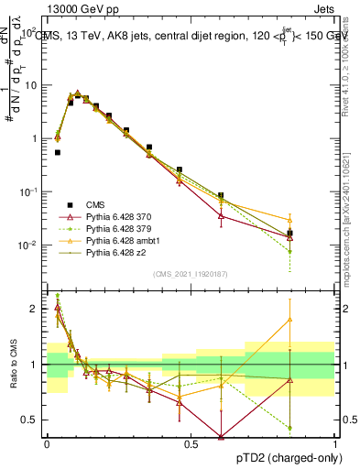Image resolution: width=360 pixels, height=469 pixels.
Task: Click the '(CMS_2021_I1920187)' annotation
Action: (x=190, y=274)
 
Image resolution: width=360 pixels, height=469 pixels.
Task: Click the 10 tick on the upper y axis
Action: (x=34, y=85)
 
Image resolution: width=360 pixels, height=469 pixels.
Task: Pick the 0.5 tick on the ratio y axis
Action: (x=34, y=420)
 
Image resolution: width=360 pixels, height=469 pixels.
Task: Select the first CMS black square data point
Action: (x=58, y=153)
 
